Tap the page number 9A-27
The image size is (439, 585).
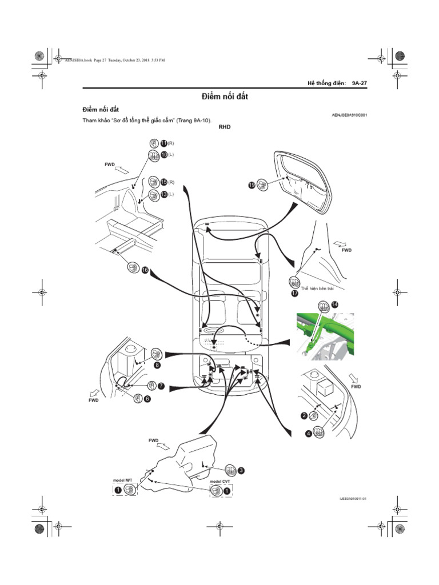click(359, 83)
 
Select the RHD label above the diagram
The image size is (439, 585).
click(225, 128)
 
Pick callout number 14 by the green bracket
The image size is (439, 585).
click(334, 305)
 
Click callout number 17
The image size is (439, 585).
click(295, 293)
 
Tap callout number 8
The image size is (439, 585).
click(157, 364)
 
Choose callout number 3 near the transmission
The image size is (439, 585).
click(241, 470)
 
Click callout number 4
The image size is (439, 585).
click(309, 434)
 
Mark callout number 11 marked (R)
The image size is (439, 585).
click(163, 143)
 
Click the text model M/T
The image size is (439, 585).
click(123, 480)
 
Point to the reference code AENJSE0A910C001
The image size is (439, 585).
click(349, 115)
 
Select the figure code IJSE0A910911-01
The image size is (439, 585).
click(353, 499)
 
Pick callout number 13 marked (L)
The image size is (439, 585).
click(163, 194)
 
